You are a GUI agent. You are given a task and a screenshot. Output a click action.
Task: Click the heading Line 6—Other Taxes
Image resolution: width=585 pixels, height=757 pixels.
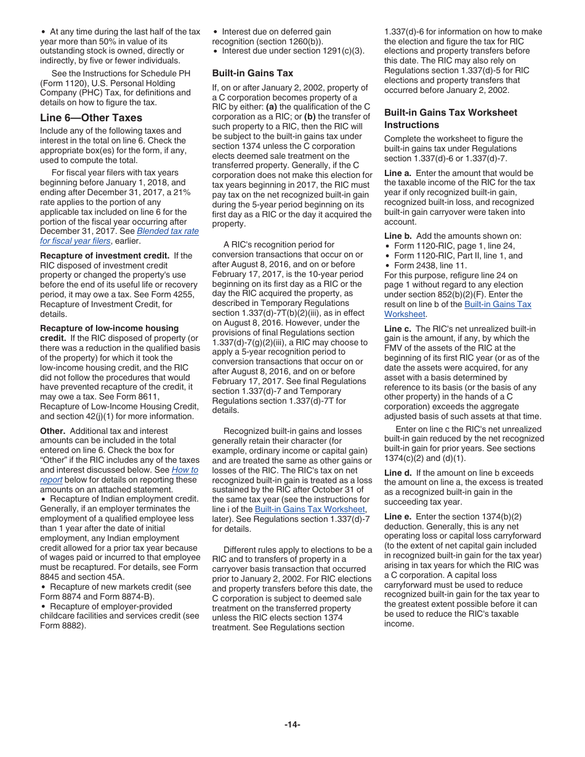pyautogui.click(x=91, y=118)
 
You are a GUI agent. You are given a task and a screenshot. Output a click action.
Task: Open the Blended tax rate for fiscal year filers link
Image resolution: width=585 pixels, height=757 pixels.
pyautogui.click(x=167, y=231)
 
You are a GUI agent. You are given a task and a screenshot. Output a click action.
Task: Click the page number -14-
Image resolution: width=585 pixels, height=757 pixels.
pyautogui.click(x=292, y=724)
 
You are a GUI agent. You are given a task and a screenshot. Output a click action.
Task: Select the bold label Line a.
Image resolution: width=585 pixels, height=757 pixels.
pyautogui.click(x=398, y=173)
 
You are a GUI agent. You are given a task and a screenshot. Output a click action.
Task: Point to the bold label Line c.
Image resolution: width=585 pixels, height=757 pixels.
pyautogui.click(x=398, y=329)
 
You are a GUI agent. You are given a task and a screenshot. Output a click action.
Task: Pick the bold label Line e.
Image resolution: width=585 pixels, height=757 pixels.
pyautogui.click(x=398, y=516)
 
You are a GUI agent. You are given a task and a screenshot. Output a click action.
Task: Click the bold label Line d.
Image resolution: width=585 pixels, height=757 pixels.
pyautogui.click(x=398, y=473)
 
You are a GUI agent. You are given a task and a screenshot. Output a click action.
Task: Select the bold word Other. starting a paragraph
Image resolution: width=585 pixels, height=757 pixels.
pyautogui.click(x=53, y=431)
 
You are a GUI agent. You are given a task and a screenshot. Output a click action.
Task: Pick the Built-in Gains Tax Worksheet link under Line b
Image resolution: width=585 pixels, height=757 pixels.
pyautogui.click(x=498, y=305)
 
